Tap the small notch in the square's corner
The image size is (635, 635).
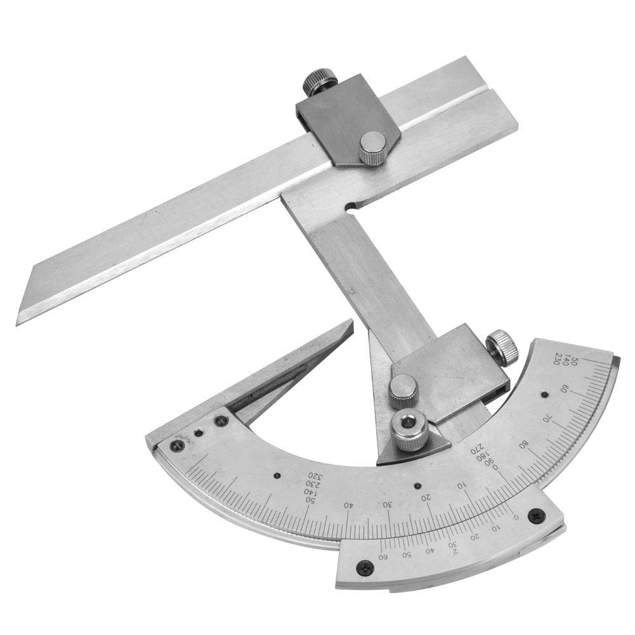[350, 206]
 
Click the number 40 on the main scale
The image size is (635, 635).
[348, 505]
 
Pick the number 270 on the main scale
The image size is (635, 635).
[475, 450]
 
